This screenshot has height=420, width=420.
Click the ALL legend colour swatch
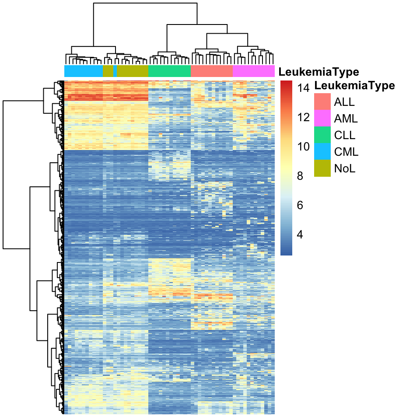coord(322,102)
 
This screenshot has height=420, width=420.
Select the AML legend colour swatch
coord(322,119)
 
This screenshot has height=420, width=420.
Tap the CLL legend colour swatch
coord(322,135)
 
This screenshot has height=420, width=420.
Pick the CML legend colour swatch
coord(322,152)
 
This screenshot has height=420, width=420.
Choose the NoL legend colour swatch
coord(322,168)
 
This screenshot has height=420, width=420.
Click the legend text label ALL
coord(344,102)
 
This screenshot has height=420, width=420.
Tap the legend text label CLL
coord(344,136)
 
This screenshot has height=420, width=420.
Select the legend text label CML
coord(346,152)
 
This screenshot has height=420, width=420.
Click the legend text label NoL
coord(344,168)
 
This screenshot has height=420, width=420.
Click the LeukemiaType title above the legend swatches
coord(355,85)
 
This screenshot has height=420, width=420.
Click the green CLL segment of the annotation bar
coord(170,71)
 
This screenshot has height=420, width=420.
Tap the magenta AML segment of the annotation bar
coord(253,71)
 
